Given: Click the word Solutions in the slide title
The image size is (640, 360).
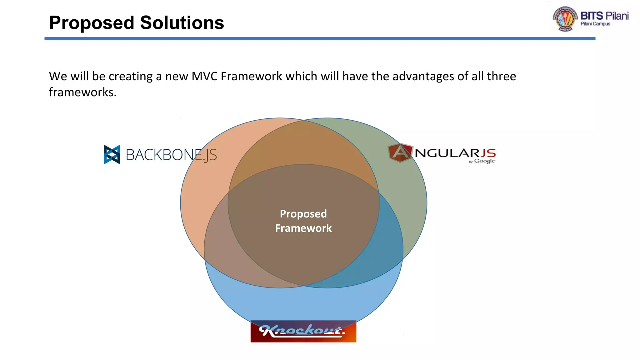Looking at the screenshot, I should tap(182, 22).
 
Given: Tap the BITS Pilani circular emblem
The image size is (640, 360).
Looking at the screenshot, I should tap(565, 19).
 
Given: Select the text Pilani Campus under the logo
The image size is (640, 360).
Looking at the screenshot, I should tap(595, 24).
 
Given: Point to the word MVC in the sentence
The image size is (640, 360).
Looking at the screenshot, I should tap(204, 76).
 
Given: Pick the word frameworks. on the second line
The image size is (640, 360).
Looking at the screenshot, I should tap(82, 92).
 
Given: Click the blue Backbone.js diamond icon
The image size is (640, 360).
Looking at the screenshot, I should tap(112, 154).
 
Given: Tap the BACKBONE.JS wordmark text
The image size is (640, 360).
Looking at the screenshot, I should tap(171, 155).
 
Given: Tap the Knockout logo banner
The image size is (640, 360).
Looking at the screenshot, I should tap(303, 331).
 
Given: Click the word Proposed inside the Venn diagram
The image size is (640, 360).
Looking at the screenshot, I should tap(303, 214).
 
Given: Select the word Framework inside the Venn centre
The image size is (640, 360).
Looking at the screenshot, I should tap(303, 228).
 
